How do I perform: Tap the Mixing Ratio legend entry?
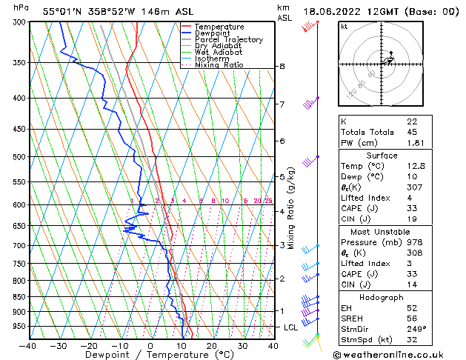[x=219, y=65]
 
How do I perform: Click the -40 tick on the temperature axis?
[x=27, y=345]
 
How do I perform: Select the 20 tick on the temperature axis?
[x=212, y=345]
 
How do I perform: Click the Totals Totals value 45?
[x=413, y=133]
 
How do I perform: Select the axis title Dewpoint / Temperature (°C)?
[x=150, y=355]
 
